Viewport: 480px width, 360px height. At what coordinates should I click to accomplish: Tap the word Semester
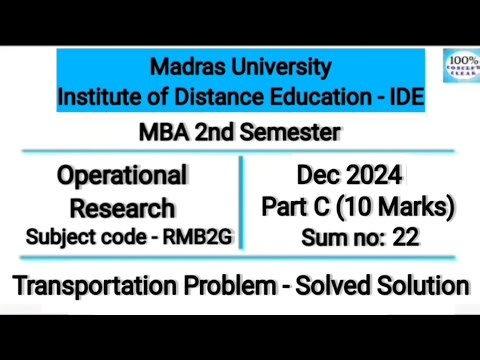[289, 132]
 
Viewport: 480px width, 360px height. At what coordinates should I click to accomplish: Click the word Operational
[122, 177]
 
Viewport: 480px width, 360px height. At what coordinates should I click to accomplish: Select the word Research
[123, 209]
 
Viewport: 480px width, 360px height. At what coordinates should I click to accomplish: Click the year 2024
[369, 177]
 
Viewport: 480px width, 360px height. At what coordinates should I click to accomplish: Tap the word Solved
[344, 286]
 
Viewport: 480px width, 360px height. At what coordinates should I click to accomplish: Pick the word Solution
[429, 286]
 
